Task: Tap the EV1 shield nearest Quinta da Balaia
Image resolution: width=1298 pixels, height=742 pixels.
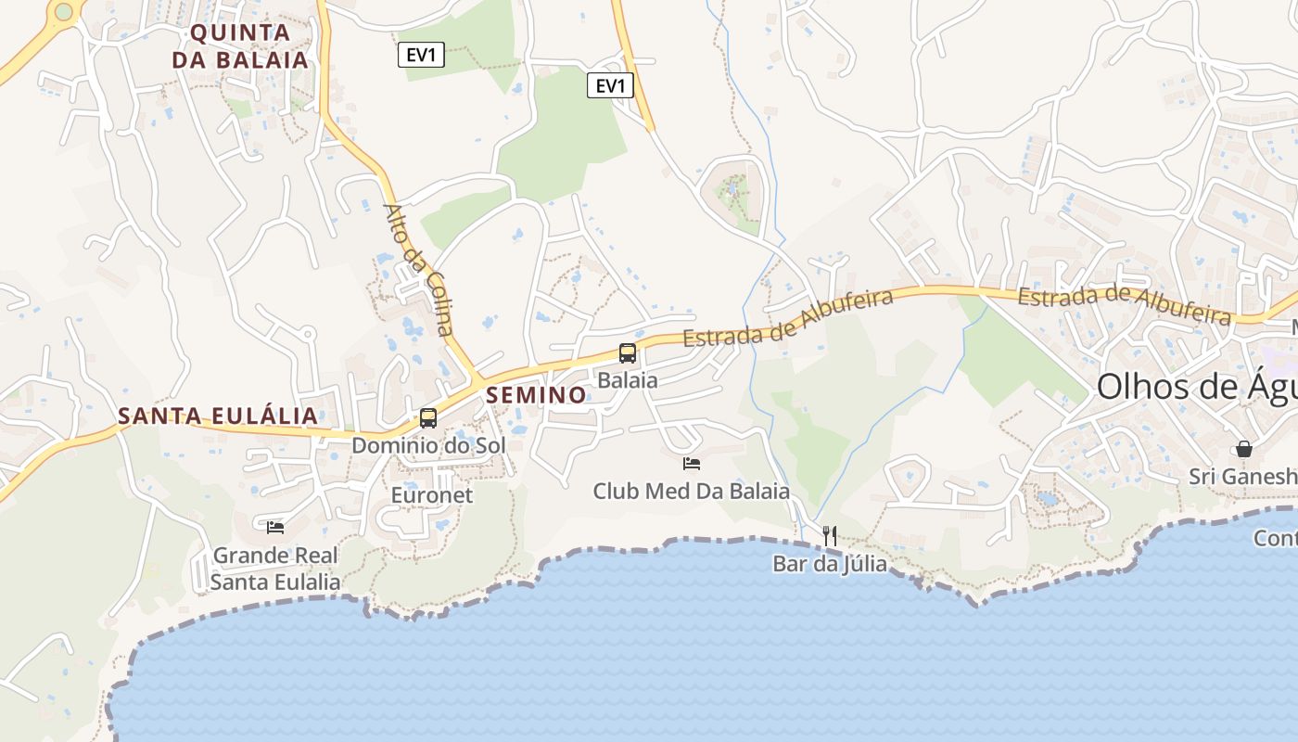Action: pos(421,55)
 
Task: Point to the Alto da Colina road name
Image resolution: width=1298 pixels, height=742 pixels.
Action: pos(420,270)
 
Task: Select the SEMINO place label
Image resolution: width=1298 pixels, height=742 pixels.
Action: pos(537,395)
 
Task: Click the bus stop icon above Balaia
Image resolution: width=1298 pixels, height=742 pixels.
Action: pos(628,353)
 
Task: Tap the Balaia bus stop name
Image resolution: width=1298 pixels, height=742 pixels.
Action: pos(628,380)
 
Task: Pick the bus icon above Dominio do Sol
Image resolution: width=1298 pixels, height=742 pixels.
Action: pos(428,418)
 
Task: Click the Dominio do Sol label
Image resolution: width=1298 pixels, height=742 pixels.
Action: pos(428,445)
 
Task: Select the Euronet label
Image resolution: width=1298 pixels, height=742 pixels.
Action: pos(432,495)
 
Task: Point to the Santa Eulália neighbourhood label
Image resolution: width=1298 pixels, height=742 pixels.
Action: pos(219,416)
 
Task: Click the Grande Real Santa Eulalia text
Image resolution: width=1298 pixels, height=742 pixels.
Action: pos(275,569)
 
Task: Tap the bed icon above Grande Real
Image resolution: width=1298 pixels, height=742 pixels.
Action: pos(275,528)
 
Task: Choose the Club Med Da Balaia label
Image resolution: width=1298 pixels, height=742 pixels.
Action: pos(692,491)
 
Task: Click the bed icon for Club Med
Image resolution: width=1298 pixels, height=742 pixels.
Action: pos(692,464)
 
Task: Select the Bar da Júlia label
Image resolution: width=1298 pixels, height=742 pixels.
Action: pos(830,564)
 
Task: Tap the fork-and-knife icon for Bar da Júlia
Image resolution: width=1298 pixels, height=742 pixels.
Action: pos(830,536)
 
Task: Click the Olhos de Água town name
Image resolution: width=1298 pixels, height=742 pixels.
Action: pos(1196,387)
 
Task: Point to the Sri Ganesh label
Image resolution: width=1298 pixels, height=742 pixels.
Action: pos(1243,477)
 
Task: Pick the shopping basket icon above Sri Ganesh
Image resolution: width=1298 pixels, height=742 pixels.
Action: pos(1243,450)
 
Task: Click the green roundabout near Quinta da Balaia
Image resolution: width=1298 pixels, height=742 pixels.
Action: pos(63,12)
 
